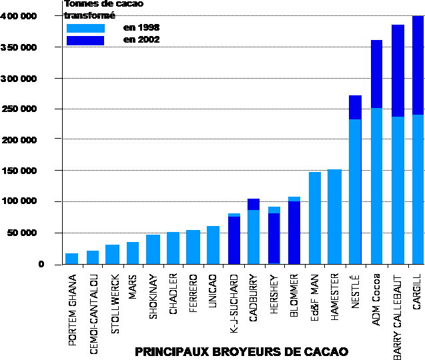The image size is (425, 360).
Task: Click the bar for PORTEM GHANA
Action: point(71,259)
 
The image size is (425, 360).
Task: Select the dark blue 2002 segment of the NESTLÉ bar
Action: point(355,107)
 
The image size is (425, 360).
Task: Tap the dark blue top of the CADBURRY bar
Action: point(254,204)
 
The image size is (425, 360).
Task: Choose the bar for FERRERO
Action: point(193,247)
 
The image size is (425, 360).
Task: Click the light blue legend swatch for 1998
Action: point(86,28)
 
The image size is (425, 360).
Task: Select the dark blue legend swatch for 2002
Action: point(86,41)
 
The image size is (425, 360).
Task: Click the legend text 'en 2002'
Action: point(141,40)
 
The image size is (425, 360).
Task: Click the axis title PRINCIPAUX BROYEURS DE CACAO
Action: point(242,351)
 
